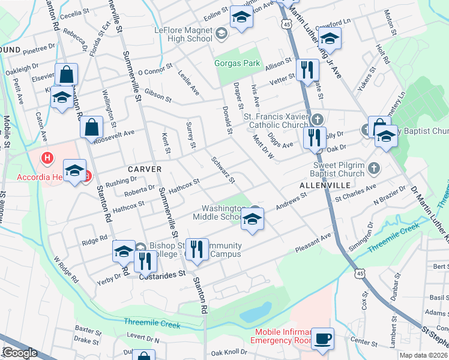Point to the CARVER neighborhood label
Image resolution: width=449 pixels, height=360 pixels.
pyautogui.click(x=143, y=169)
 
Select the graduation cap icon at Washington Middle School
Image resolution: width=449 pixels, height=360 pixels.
pyautogui.click(x=252, y=221)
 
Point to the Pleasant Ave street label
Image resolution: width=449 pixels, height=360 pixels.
pyautogui.click(x=313, y=242)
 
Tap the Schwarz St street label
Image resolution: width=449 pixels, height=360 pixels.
pyautogui.click(x=223, y=170)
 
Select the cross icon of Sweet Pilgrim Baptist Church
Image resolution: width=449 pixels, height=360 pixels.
pyautogui.click(x=374, y=167)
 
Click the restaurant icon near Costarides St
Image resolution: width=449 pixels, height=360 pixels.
pyautogui.click(x=144, y=260)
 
